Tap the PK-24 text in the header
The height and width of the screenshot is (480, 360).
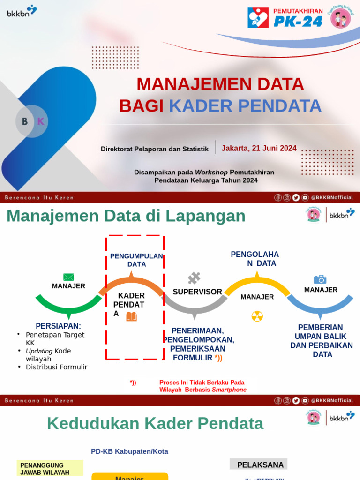click(299, 21)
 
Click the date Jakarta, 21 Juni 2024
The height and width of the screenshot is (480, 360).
click(259, 148)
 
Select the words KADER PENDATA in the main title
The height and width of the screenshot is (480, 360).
click(245, 106)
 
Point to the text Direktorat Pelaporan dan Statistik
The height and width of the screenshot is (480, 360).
click(154, 149)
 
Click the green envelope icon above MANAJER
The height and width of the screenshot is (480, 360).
click(68, 277)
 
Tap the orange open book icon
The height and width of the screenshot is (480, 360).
click(131, 317)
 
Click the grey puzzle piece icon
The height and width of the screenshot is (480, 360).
click(194, 278)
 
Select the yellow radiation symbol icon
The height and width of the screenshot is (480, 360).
click(257, 316)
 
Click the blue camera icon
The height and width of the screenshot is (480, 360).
click(320, 279)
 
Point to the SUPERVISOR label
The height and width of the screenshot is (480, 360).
click(197, 292)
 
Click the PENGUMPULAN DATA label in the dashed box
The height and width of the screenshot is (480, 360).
click(136, 260)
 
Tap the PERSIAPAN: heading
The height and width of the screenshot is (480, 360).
click(58, 326)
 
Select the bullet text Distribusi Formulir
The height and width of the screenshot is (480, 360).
click(56, 367)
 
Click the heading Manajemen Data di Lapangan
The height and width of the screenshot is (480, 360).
click(126, 216)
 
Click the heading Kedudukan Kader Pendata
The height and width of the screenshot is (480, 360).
click(155, 424)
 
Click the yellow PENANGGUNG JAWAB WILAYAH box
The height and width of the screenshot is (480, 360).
click(50, 469)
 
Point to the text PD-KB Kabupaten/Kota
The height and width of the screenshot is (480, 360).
click(129, 451)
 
